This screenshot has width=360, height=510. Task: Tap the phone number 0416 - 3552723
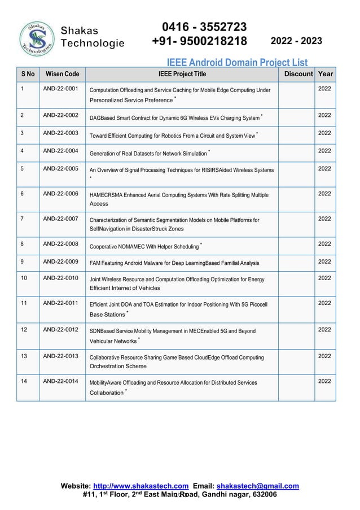tap(204, 27)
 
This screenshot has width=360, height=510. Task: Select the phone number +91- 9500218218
tap(200, 42)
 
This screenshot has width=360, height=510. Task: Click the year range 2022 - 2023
tap(297, 41)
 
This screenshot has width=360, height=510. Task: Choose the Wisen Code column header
tap(62, 74)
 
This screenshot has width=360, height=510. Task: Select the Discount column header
tap(298, 74)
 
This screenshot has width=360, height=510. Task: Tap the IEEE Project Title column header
tap(182, 74)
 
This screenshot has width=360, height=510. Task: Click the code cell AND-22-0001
tap(60, 89)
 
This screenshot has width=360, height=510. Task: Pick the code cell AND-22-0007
tap(60, 219)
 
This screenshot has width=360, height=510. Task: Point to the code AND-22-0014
tap(60, 382)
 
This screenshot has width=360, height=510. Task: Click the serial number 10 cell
tap(24, 278)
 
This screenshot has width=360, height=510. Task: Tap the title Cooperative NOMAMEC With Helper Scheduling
tap(144, 247)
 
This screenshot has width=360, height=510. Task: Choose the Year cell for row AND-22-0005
tap(324, 168)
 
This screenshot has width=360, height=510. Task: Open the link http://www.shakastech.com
tap(141, 486)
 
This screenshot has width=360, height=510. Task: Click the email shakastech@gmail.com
tap(258, 486)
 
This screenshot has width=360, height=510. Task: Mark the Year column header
tap(326, 74)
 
